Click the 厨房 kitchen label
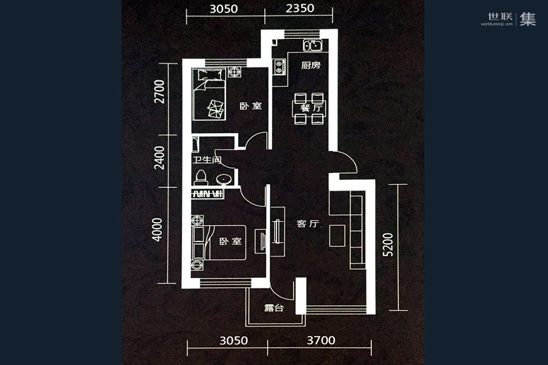click(x=311, y=65)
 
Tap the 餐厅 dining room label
click(x=311, y=108)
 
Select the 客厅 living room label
click(x=308, y=223)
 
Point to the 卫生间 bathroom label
click(x=207, y=161)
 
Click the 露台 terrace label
click(x=273, y=308)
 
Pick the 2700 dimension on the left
click(x=160, y=91)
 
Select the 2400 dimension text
click(x=160, y=158)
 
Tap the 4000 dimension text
click(x=157, y=230)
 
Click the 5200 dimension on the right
click(x=388, y=245)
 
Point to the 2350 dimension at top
click(x=300, y=8)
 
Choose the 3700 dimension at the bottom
click(x=321, y=340)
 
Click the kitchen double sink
click(x=312, y=46)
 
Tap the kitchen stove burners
click(x=279, y=67)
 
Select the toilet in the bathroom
click(x=201, y=177)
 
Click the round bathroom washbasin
click(x=223, y=179)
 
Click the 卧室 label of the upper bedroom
click(x=251, y=106)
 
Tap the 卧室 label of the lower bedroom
click(x=231, y=242)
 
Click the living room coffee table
click(x=337, y=236)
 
